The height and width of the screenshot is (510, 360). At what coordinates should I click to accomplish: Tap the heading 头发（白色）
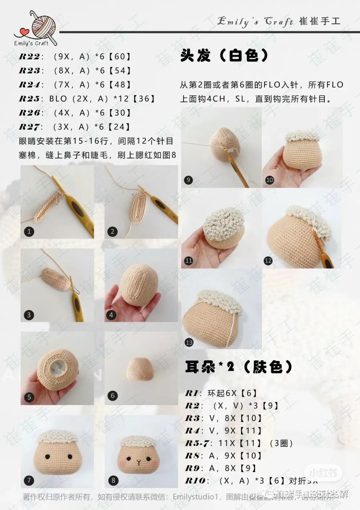pos(224,55)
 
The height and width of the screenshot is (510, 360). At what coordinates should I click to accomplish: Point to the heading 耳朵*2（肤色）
pos(239,367)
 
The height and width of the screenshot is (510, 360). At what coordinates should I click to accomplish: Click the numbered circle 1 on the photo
pos(29,231)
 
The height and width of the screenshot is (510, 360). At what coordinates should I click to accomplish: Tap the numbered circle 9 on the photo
pos(188,180)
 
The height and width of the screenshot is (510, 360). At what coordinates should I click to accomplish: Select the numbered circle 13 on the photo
pos(189,342)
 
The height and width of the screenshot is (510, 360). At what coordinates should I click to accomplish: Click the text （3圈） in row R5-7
pos(281,443)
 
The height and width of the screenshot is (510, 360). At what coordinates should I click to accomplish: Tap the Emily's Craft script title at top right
pos(255,22)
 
